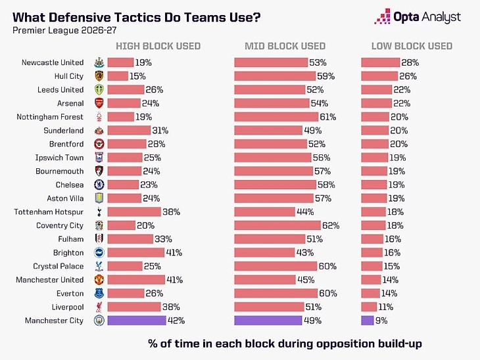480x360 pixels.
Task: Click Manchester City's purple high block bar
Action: tap(137, 321)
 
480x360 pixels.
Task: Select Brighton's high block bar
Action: tap(136, 253)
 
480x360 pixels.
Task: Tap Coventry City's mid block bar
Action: tap(277, 225)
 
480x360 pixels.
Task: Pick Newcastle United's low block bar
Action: tap(381, 62)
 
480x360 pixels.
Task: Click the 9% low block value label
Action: tap(381, 321)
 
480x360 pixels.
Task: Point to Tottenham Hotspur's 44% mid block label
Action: tap(305, 212)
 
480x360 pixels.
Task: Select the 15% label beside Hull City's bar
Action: tap(137, 76)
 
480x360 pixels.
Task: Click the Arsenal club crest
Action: tap(99, 103)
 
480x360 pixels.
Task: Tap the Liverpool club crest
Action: tap(99, 307)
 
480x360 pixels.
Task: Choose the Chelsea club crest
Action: tap(99, 185)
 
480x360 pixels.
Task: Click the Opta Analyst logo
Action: tap(418, 16)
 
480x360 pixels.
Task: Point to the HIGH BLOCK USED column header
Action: tap(158, 46)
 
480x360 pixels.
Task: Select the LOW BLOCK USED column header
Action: tap(412, 46)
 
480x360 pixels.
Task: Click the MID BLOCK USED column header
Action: tap(285, 46)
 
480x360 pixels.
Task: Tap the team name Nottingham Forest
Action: tap(50, 117)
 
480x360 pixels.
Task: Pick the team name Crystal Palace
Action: tap(58, 266)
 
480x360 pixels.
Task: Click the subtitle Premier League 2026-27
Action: tap(64, 31)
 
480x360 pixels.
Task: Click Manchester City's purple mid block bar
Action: tap(268, 321)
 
